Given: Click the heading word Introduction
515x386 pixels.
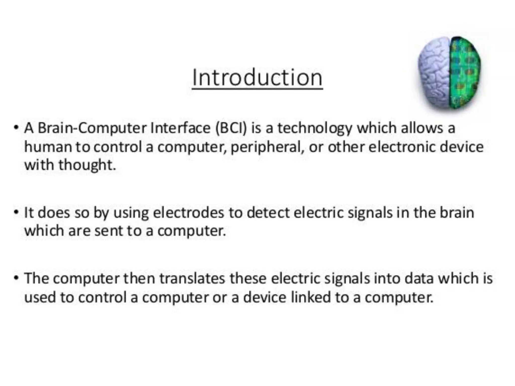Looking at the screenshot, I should [x=257, y=78].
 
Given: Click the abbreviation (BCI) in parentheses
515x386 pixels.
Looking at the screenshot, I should [x=231, y=128].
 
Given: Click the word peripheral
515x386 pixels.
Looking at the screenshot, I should [x=266, y=147].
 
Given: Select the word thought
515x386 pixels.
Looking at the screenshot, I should [x=87, y=165].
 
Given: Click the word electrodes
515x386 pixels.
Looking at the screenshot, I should [x=188, y=213].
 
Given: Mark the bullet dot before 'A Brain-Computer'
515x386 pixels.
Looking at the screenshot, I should [x=16, y=127].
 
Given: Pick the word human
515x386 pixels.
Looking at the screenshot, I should [x=48, y=147].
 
